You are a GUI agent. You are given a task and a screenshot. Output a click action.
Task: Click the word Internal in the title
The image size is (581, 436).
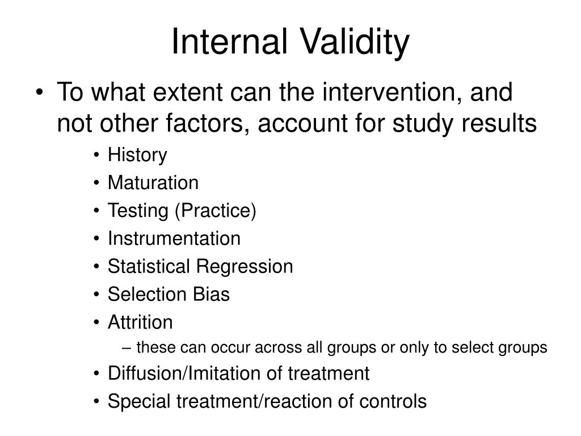tap(229, 41)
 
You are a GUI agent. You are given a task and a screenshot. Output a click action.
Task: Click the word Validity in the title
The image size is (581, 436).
tap(355, 43)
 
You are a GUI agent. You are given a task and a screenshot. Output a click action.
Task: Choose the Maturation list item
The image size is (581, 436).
tap(153, 183)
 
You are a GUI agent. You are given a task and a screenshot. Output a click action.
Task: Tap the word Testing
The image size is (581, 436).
tap(138, 211)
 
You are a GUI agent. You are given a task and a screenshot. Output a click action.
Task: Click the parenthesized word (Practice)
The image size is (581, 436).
tap(216, 211)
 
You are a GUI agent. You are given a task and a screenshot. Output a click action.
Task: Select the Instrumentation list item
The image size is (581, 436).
tap(174, 238)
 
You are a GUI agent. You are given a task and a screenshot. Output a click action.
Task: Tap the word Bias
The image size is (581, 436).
tap(211, 295)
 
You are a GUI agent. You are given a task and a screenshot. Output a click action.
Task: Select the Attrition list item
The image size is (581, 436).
tap(140, 322)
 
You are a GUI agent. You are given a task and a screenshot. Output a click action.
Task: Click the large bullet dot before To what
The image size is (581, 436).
tap(40, 93)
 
